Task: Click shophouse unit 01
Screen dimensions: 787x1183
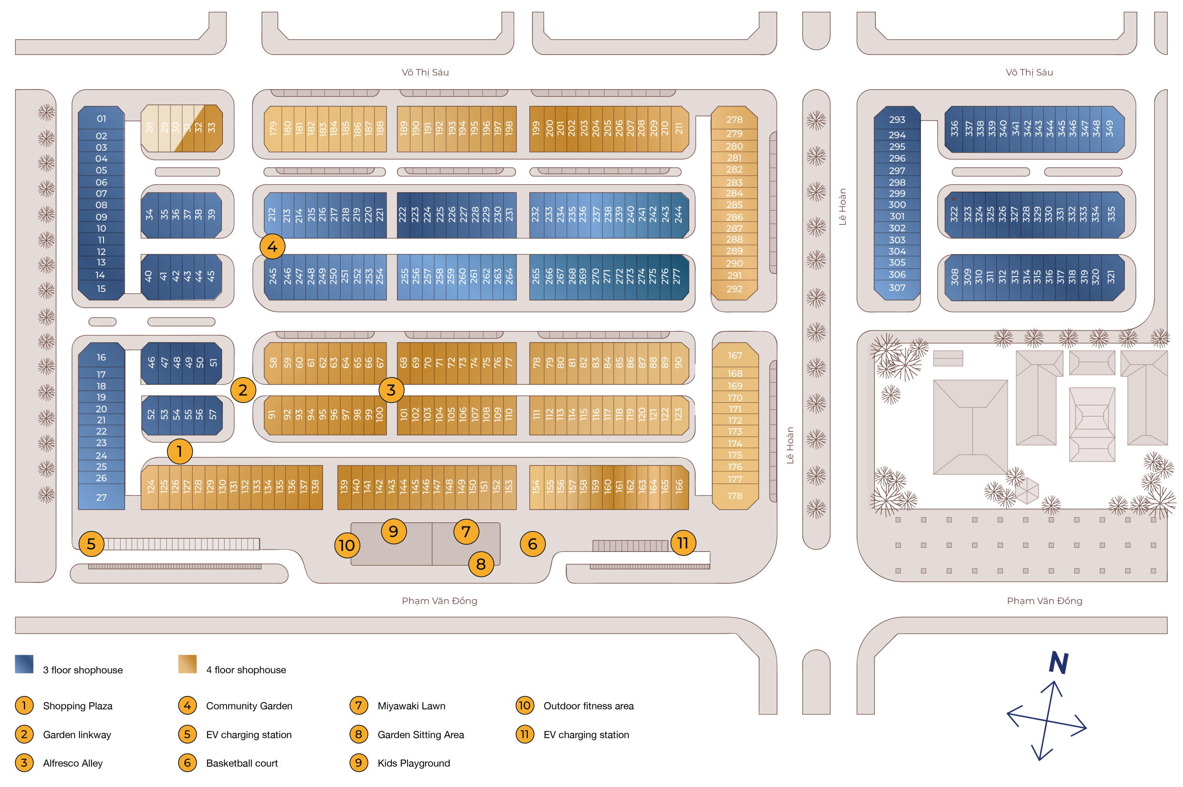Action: pos(101,119)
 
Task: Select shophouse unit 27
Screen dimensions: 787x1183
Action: pos(101,497)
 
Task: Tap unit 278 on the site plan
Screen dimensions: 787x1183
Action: pos(734,120)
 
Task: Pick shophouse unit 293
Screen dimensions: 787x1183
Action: pos(896,120)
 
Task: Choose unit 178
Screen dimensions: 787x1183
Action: pos(734,496)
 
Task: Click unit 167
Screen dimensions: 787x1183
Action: pos(734,355)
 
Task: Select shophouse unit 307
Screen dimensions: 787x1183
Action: pos(896,288)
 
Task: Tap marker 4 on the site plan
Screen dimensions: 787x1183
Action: pos(272,247)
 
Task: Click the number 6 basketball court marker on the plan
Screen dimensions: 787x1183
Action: pos(532,544)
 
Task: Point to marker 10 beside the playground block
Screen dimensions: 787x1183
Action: pos(347,545)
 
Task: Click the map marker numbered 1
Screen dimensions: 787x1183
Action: pos(179,451)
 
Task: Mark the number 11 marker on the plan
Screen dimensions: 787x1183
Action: pos(683,543)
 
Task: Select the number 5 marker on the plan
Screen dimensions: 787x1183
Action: pos(91,544)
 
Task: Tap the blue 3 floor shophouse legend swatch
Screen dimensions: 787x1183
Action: pos(24,664)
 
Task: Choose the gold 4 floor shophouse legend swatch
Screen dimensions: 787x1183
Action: pos(187,664)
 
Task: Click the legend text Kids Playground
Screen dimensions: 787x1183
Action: pos(413,763)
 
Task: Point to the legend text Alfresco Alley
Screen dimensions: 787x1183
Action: pos(73,763)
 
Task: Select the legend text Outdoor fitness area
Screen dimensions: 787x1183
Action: pos(588,706)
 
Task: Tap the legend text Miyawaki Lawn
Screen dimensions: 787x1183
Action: pos(411,706)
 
